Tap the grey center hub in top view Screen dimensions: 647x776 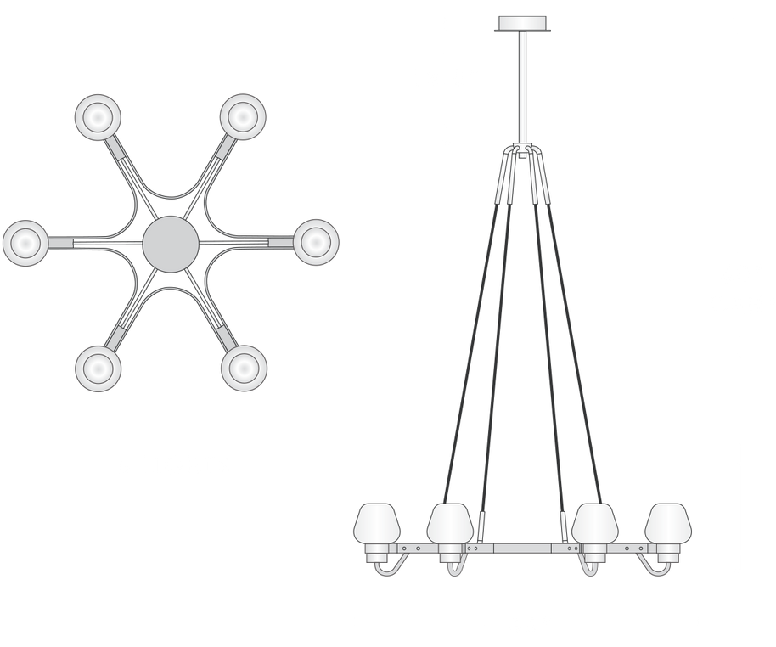click(x=171, y=243)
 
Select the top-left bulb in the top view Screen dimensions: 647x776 click(x=98, y=115)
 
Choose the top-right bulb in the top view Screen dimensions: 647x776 click(x=243, y=115)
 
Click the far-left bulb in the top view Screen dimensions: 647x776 click(x=25, y=243)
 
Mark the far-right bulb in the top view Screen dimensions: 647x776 click(x=316, y=243)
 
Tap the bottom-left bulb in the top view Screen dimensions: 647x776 click(x=98, y=369)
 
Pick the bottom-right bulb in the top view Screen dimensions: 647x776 click(x=243, y=369)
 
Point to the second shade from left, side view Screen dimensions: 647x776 click(x=449, y=524)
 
